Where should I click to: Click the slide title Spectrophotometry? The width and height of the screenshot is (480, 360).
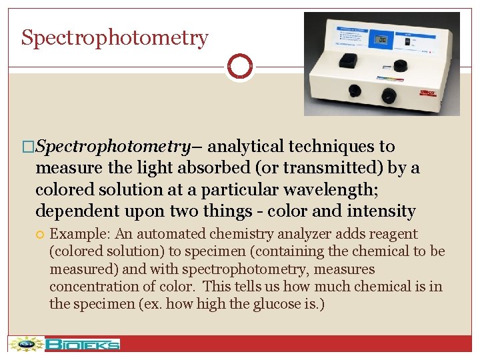(115, 38)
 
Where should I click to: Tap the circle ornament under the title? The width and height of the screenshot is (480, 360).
(240, 67)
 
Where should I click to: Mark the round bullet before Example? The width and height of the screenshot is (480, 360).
(41, 235)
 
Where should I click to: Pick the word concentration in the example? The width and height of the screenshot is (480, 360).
(90, 287)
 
